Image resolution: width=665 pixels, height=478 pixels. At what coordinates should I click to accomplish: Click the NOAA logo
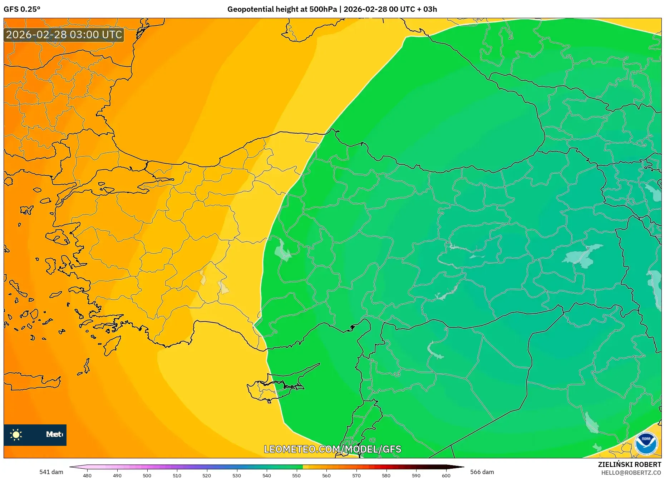tap(646, 443)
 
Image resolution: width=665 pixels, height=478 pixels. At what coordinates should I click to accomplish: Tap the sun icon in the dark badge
tap(16, 435)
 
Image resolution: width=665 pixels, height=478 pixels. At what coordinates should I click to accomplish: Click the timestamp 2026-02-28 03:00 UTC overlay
tap(64, 35)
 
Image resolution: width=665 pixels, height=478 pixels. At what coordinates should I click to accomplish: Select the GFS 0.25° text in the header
tap(22, 9)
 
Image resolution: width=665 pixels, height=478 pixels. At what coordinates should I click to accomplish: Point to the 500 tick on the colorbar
tap(147, 475)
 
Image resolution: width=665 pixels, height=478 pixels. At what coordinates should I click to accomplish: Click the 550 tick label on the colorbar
tap(296, 475)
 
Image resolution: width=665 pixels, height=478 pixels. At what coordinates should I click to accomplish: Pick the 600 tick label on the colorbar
tap(446, 475)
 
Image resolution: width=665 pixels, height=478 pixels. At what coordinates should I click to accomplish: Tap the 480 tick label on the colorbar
tap(87, 475)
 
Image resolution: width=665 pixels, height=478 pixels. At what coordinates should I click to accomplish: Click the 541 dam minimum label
tap(51, 472)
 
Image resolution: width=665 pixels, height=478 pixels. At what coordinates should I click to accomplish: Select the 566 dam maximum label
tap(482, 472)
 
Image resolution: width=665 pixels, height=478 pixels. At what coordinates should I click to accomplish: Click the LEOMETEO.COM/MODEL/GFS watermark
tap(332, 449)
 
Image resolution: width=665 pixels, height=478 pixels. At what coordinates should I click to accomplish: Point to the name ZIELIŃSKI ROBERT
tap(630, 464)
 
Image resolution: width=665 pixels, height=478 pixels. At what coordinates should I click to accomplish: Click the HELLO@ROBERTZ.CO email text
tap(631, 473)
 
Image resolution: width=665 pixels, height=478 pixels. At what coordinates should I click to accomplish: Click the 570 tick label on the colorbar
tap(356, 475)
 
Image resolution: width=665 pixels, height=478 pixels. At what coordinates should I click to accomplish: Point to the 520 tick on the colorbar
tap(207, 475)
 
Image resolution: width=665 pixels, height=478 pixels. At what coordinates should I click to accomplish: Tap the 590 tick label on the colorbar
tap(416, 475)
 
